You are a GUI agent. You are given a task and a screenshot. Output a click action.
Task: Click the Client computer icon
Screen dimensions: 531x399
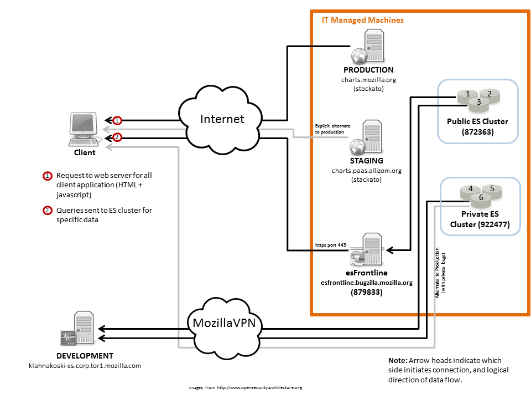(85, 129)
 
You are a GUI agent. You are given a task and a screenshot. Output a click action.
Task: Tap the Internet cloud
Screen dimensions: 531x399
(221, 120)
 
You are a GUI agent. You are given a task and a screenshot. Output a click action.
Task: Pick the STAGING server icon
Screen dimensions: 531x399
(366, 137)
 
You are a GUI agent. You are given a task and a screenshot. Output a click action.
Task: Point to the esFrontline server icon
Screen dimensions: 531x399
(366, 250)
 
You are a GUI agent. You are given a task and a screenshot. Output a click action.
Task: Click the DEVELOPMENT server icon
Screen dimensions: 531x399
(77, 329)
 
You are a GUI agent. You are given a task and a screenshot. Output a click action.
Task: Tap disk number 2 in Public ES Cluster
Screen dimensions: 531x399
(489, 95)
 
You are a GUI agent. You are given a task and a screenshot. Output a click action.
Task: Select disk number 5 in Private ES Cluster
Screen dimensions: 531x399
(492, 190)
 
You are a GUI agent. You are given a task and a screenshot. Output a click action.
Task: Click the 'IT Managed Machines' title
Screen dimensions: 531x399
(362, 20)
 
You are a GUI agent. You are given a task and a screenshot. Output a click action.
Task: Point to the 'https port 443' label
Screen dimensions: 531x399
(331, 245)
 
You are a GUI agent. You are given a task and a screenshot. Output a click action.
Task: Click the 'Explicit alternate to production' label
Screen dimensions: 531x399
(332, 129)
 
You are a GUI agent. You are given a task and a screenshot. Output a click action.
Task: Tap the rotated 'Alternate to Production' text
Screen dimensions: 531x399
(437, 273)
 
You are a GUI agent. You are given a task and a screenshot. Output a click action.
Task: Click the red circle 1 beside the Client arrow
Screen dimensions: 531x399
(117, 120)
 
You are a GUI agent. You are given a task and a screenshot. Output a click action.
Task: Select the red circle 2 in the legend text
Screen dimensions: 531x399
(47, 211)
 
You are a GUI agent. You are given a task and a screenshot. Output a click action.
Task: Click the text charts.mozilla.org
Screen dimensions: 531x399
(368, 80)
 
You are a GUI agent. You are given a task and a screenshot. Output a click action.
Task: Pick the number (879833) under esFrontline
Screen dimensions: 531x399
(366, 292)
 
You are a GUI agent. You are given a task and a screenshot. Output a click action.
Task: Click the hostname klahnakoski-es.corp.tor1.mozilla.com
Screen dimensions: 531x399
(85, 366)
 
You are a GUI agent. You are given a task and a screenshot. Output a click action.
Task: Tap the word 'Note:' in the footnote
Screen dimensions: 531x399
(398, 360)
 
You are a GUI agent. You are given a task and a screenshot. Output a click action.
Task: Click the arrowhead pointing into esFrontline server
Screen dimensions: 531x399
(390, 250)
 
